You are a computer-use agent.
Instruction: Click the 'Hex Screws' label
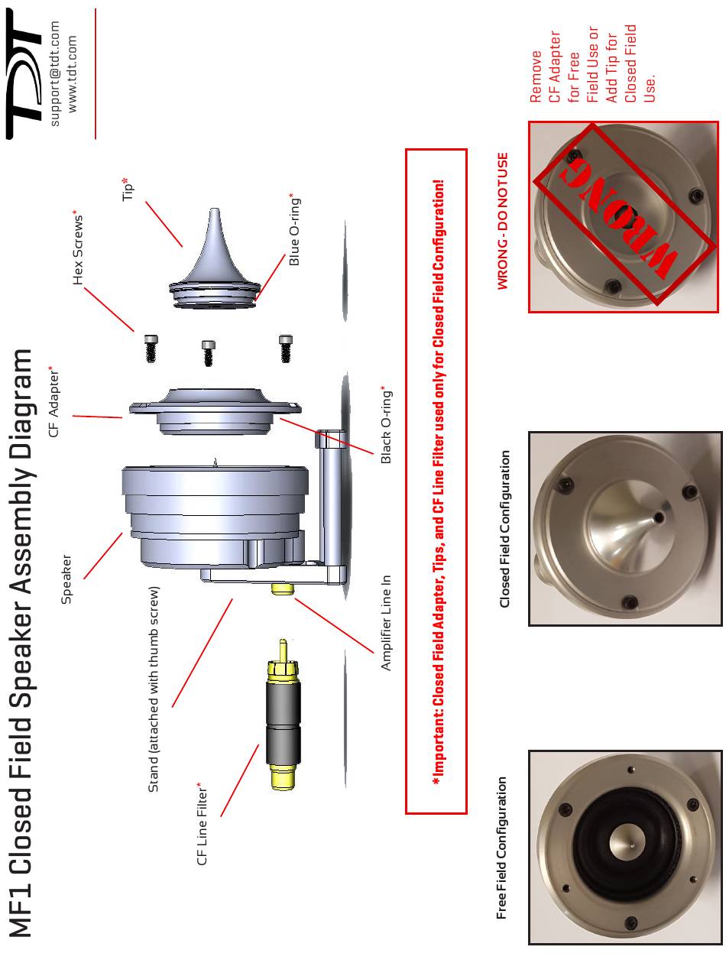click(x=77, y=247)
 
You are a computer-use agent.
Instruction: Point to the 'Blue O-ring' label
click(x=295, y=230)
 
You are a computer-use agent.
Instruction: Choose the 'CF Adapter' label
click(x=54, y=400)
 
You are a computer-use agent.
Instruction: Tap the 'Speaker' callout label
click(x=66, y=579)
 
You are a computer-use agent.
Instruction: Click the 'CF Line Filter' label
click(x=203, y=824)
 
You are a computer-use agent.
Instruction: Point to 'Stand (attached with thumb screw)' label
click(x=154, y=689)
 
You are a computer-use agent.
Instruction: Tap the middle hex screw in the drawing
click(x=209, y=352)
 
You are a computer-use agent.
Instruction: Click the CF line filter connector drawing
click(x=284, y=718)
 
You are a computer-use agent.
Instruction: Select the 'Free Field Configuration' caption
click(x=502, y=848)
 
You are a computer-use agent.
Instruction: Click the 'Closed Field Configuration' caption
click(x=504, y=529)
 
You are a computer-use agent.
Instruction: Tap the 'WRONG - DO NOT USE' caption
click(x=502, y=221)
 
